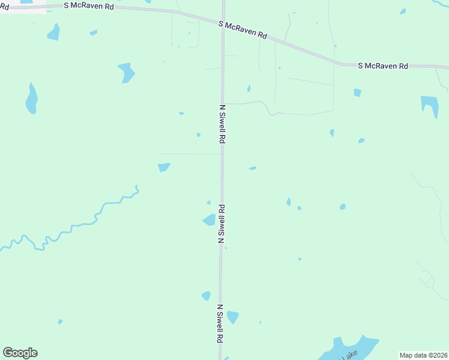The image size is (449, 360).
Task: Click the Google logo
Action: coord(20,353)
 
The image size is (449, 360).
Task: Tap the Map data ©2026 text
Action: coord(423,355)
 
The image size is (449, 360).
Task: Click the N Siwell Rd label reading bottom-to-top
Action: coord(221,223)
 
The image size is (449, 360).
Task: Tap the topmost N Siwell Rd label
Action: coord(222,124)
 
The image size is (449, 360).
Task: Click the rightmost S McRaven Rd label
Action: coord(383,65)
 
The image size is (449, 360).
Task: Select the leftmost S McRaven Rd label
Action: coord(89,5)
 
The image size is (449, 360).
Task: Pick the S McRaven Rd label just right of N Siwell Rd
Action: coord(243,30)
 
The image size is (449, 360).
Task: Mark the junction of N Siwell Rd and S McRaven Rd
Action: coord(223,22)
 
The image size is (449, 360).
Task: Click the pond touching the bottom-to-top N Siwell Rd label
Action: coord(209,220)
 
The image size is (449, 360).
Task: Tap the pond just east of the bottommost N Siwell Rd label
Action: coord(232,316)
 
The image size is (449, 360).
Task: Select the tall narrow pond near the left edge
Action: coord(31,99)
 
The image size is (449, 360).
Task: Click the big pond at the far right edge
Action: coord(430,104)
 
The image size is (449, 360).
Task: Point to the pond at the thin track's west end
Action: coord(164,167)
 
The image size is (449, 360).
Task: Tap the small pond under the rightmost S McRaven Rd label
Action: coord(357,92)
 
